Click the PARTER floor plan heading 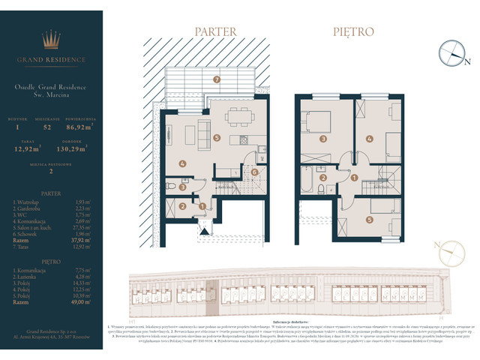pos(215,32)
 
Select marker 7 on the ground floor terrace pos(216,79)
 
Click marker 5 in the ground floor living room pos(216,138)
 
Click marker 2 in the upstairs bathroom pos(323,178)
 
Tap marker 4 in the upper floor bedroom pos(369,138)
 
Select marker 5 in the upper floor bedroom pos(368,220)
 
